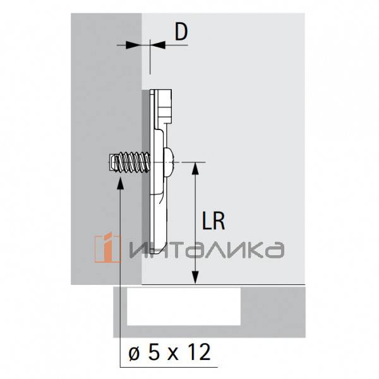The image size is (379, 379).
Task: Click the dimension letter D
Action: point(181,32)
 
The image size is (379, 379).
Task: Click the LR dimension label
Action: point(214,221)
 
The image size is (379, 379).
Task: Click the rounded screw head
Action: point(169,162)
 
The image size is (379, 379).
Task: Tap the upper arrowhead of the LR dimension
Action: point(195,169)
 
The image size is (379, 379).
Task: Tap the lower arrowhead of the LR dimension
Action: point(195,277)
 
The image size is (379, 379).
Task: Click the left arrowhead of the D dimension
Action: point(133,45)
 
